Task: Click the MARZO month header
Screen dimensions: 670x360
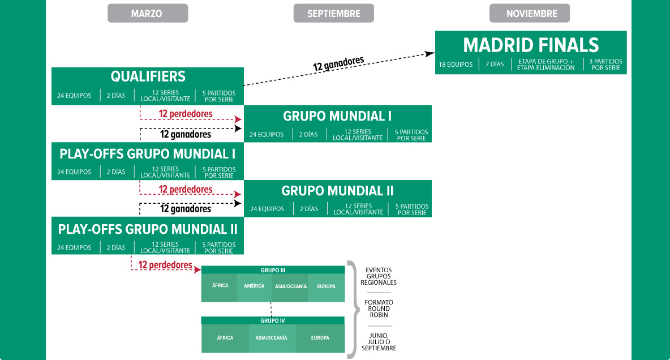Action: click(x=148, y=13)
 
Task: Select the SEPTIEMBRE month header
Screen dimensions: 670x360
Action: click(x=334, y=13)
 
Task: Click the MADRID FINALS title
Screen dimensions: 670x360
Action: click(x=531, y=45)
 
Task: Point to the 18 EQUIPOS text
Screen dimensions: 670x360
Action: click(x=456, y=65)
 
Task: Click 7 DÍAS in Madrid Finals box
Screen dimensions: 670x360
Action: click(x=495, y=64)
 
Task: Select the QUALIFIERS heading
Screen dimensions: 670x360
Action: click(x=148, y=76)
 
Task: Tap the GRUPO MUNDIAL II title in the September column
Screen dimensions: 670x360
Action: click(x=338, y=191)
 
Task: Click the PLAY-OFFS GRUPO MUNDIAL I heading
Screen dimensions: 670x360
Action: click(x=148, y=154)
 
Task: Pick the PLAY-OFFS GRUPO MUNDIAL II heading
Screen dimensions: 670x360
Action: click(x=148, y=230)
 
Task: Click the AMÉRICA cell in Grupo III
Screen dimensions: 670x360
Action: click(x=254, y=286)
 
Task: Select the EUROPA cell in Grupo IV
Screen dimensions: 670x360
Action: click(x=320, y=338)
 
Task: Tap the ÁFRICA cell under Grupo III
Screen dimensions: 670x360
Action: click(x=220, y=286)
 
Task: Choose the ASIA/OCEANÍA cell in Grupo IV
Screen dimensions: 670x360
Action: click(x=271, y=338)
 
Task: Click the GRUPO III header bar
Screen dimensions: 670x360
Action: click(x=273, y=270)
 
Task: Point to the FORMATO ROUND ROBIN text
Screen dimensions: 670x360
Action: click(x=379, y=308)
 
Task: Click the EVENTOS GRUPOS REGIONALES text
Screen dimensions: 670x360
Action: click(x=379, y=276)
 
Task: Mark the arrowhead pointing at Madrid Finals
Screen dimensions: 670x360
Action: click(x=430, y=54)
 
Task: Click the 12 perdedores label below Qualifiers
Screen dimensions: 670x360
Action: click(x=186, y=114)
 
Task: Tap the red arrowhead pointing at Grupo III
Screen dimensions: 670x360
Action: click(x=197, y=269)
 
